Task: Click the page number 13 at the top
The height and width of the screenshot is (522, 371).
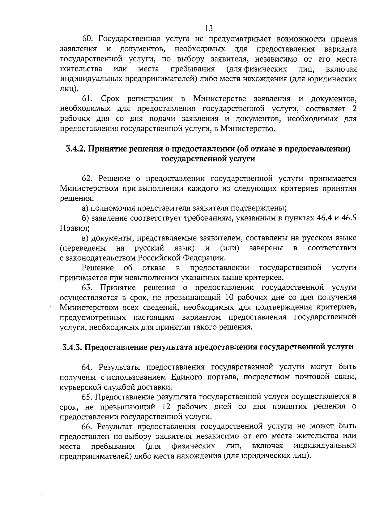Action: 209,28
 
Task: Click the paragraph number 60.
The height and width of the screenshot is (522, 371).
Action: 87,39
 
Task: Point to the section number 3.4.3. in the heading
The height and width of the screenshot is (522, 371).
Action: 72,347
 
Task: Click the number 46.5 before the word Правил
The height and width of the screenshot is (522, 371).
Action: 349,218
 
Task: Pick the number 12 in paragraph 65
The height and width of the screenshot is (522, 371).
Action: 167,406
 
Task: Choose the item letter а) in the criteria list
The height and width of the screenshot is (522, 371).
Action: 85,208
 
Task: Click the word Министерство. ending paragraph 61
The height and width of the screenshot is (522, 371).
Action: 247,129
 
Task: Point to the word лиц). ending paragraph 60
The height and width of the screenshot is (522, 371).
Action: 69,89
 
